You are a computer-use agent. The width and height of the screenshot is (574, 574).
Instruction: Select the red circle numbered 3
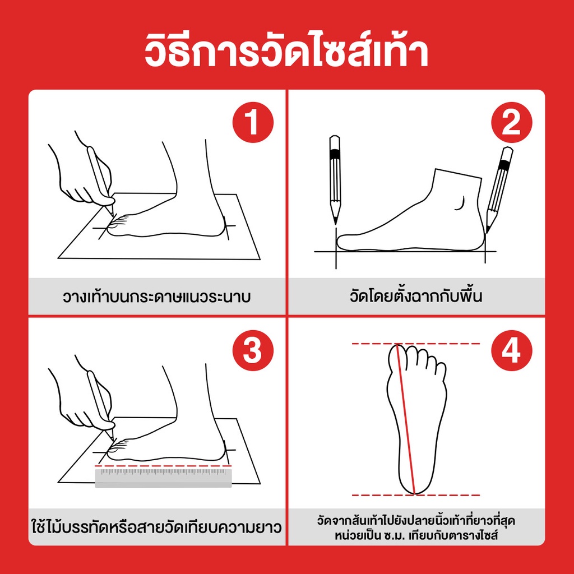(x=253, y=350)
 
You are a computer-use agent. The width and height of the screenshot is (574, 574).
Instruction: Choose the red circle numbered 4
(x=511, y=350)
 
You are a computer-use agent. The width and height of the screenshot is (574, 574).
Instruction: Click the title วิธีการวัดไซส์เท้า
(x=286, y=51)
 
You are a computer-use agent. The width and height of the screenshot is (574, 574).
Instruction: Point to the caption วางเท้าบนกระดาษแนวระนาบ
(x=157, y=297)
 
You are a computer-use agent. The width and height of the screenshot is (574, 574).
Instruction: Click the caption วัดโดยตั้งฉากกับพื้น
(x=416, y=296)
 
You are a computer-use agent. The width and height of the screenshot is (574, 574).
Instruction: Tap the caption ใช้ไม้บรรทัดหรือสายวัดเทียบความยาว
(x=157, y=527)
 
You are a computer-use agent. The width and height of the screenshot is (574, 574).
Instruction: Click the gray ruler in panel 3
(x=164, y=478)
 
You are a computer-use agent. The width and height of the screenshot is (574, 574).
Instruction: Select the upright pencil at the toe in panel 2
(x=335, y=180)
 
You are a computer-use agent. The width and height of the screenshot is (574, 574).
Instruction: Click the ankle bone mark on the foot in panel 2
(x=460, y=204)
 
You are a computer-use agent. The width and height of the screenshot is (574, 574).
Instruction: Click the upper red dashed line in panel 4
(x=416, y=344)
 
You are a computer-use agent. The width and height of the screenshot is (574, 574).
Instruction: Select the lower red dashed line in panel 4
(x=416, y=496)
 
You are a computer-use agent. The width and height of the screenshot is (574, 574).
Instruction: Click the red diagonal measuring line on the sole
(x=406, y=419)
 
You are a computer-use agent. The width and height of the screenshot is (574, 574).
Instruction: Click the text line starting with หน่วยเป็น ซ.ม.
(x=416, y=536)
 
